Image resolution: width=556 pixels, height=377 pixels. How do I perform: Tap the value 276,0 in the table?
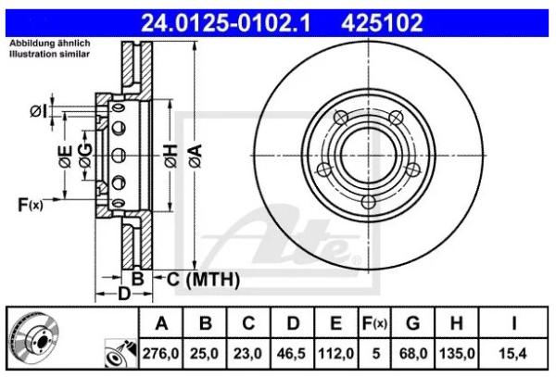click(x=162, y=353)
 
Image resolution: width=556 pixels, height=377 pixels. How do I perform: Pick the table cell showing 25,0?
click(x=207, y=353)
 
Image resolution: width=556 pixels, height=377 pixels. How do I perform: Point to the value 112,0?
click(x=335, y=353)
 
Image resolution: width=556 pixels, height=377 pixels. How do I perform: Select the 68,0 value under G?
click(x=413, y=353)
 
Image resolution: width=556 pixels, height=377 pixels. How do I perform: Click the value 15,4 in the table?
click(x=512, y=353)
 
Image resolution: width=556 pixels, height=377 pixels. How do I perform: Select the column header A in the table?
click(x=162, y=323)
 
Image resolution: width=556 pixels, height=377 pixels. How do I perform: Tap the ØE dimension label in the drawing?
click(x=65, y=158)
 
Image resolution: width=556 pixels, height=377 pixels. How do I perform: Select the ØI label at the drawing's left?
click(x=38, y=111)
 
